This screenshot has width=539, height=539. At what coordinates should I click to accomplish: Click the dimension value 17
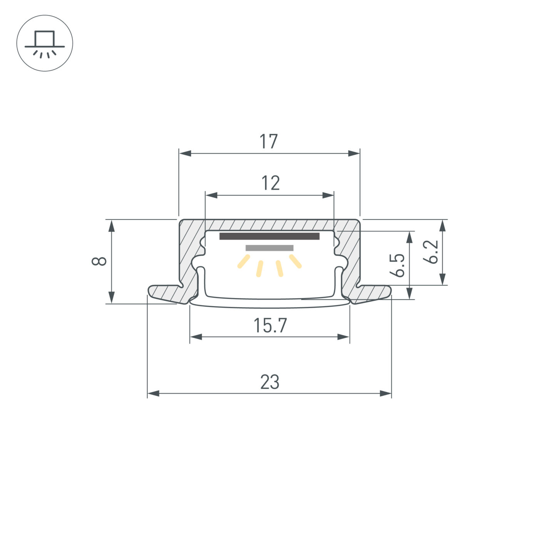(269, 142)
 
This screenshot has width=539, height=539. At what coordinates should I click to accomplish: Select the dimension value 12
(270, 183)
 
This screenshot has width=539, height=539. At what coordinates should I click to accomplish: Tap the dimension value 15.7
(270, 326)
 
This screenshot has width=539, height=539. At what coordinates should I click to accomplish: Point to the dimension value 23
(269, 382)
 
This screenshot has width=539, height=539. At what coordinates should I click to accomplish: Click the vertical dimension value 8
(99, 261)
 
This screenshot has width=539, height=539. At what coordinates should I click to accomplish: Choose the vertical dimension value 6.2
(431, 252)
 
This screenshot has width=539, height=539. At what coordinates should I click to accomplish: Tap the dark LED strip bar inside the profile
(269, 236)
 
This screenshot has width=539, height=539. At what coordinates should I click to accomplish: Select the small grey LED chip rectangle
(269, 248)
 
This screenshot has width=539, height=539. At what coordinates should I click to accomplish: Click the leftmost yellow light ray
(244, 261)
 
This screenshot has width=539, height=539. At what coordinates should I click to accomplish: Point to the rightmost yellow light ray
(295, 261)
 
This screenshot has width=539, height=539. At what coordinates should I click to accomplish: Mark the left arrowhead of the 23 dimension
(153, 393)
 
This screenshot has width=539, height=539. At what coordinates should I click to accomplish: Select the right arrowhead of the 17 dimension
(354, 153)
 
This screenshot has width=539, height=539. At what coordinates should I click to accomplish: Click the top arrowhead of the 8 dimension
(112, 226)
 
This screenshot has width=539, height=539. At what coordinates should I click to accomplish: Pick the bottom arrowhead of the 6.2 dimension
(443, 279)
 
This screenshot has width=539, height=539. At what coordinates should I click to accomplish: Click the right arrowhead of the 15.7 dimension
(344, 337)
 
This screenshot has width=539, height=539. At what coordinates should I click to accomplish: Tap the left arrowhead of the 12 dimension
(211, 195)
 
